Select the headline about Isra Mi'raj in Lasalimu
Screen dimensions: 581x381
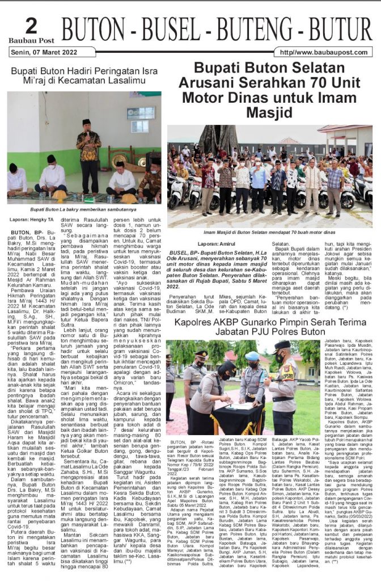[85, 77]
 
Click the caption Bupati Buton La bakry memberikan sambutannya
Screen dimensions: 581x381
[84, 208]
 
